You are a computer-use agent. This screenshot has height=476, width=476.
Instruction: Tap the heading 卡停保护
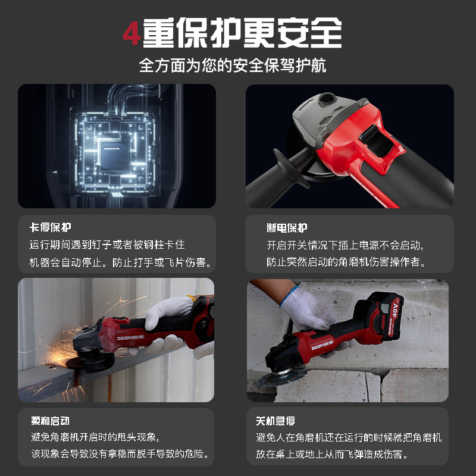click(50, 228)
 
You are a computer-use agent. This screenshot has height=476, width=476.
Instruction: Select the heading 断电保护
click(287, 228)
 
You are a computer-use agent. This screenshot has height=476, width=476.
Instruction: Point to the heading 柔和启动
click(50, 421)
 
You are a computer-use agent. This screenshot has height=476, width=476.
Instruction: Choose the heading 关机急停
click(276, 421)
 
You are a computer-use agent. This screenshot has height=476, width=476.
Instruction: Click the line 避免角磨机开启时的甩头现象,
click(95, 437)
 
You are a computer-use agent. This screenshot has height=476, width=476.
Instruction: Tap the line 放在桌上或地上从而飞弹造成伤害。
click(339, 455)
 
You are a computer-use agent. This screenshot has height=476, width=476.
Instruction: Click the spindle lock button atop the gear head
click(327, 98)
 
